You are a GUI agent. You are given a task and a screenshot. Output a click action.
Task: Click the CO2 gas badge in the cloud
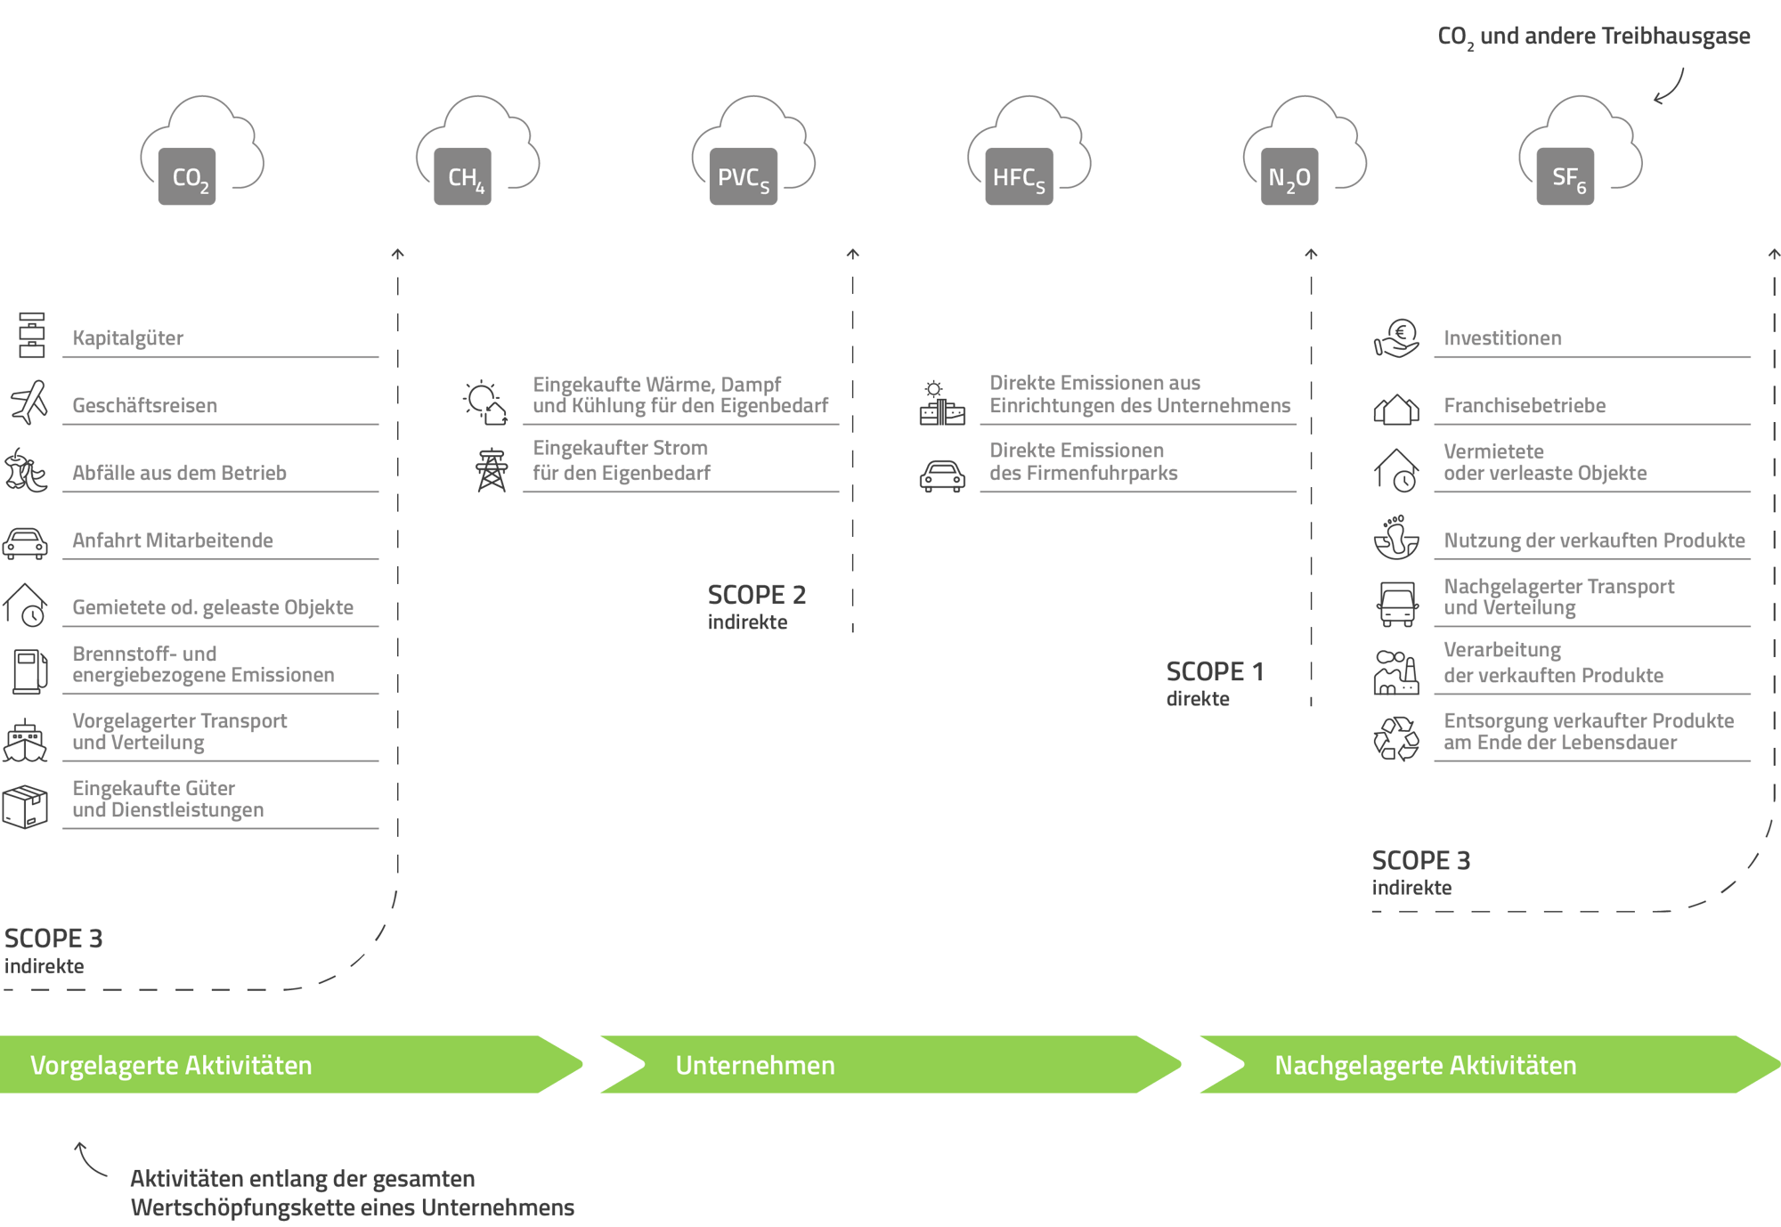click(187, 176)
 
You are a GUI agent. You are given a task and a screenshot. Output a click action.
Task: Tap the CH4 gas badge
click(463, 176)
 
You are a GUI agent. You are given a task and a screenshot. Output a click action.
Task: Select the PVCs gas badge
click(744, 176)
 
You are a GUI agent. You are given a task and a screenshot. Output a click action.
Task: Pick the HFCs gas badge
click(1019, 176)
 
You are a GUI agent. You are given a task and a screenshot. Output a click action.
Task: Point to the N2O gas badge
click(1289, 176)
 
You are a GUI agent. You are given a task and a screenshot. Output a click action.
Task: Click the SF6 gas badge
click(1565, 176)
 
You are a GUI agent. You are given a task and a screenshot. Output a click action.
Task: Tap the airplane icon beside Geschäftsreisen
click(28, 402)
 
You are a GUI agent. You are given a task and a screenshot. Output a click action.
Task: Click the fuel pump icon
click(29, 671)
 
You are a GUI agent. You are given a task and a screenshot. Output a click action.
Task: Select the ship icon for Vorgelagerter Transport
click(25, 741)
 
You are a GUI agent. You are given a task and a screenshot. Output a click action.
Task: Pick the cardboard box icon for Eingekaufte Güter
click(25, 807)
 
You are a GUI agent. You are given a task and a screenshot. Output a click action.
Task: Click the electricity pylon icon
click(492, 470)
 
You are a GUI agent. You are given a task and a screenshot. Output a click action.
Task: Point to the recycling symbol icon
click(1396, 739)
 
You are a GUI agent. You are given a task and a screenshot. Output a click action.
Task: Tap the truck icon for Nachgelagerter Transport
click(1397, 604)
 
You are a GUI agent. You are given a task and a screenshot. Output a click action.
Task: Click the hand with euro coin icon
click(1396, 339)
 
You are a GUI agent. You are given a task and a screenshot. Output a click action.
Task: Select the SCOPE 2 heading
click(757, 595)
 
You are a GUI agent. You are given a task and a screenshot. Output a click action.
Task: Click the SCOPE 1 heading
click(1215, 671)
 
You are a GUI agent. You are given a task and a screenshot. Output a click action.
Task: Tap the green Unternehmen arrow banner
click(890, 1064)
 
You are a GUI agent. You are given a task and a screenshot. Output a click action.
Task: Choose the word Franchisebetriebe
click(1525, 405)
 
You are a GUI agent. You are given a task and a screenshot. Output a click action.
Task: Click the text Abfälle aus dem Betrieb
click(179, 473)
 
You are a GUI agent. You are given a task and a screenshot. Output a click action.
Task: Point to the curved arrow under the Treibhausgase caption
click(1671, 88)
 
